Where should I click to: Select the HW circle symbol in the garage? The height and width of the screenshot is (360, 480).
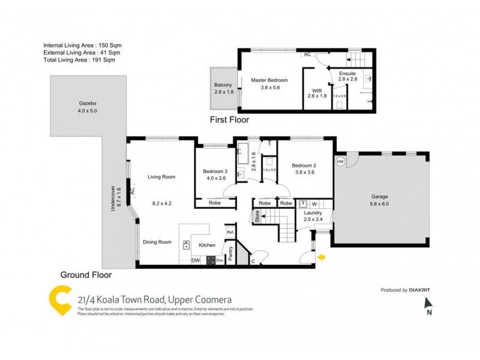coord(340,161)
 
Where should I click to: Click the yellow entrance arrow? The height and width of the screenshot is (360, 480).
coord(322,258)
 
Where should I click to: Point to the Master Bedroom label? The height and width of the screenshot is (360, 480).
coord(269,80)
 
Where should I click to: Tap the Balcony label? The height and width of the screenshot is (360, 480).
coord(223,85)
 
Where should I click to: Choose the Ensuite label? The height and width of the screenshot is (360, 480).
coord(347,73)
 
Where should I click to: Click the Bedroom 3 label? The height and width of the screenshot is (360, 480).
coord(214,171)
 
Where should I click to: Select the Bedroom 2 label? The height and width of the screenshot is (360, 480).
coord(304,165)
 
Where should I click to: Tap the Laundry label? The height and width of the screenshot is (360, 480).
coord(313,212)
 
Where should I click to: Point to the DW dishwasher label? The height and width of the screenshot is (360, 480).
coord(196,260)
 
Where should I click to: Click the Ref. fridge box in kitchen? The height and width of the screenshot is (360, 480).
coord(229,232)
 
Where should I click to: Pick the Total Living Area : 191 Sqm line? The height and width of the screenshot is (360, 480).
coord(79,60)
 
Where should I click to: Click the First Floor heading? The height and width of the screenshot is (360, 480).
coord(229,120)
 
